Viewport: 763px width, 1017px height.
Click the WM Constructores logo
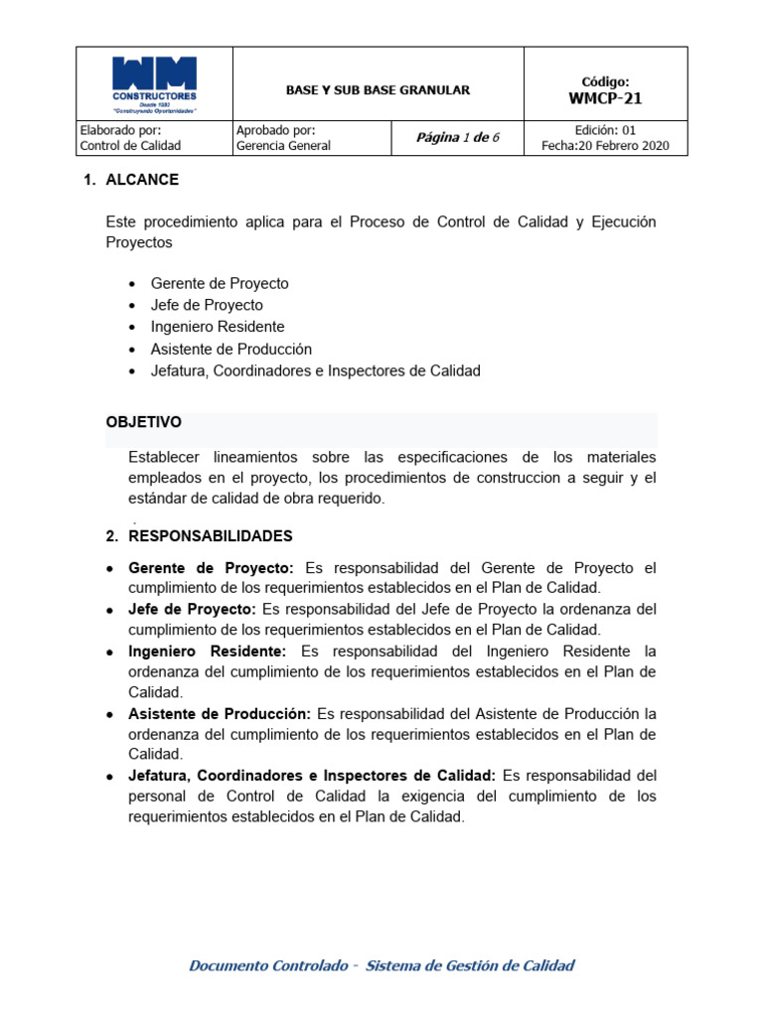[x=154, y=84]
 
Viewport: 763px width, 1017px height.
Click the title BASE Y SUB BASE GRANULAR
[x=378, y=90]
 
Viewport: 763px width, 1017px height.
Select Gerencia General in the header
[x=283, y=146]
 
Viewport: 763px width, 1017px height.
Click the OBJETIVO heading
[x=143, y=422]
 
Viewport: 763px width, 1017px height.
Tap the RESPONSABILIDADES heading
[x=211, y=536]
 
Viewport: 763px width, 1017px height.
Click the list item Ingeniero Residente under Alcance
[x=218, y=327]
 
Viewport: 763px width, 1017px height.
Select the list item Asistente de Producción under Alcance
[x=230, y=349]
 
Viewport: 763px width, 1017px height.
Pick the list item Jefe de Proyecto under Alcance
[x=207, y=305]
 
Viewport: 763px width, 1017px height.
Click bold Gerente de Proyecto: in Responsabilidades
[x=211, y=568]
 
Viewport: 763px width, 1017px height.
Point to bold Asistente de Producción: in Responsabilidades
[x=220, y=714]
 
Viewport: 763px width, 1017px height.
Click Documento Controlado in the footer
[x=268, y=965]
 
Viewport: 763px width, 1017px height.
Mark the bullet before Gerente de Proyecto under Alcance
[x=133, y=284]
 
